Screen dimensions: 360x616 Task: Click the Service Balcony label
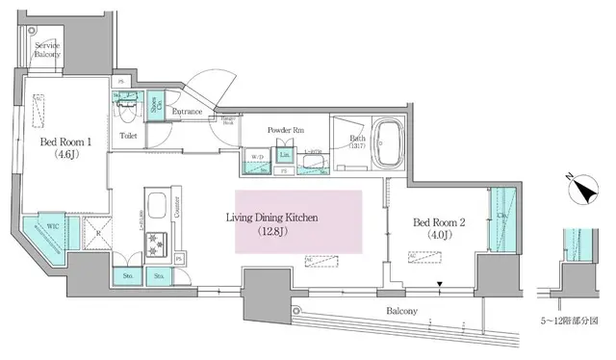point(47,50)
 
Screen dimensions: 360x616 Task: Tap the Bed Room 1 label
point(65,145)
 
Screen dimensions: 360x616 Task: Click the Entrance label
point(187,113)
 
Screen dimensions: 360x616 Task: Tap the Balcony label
point(402,311)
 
